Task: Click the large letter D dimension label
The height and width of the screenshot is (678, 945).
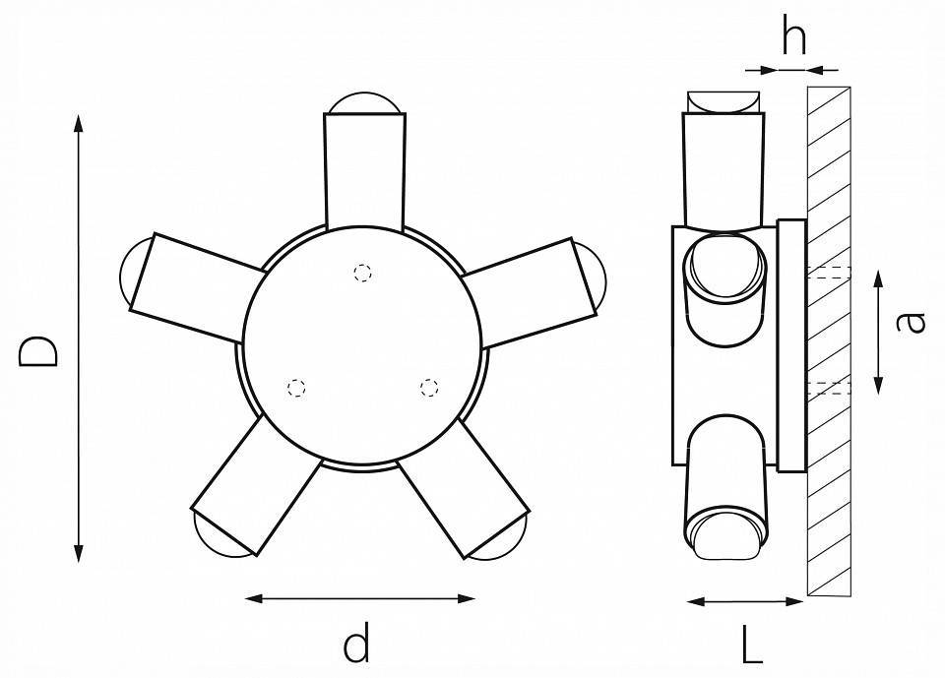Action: pyautogui.click(x=39, y=350)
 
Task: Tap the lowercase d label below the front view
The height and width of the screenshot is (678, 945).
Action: pyautogui.click(x=356, y=645)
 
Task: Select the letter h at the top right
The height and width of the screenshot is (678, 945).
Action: pyautogui.click(x=792, y=37)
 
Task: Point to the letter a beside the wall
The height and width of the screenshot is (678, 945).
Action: pyautogui.click(x=913, y=322)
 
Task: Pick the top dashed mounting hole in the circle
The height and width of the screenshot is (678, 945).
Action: pyautogui.click(x=363, y=274)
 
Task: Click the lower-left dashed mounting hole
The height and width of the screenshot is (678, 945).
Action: pyautogui.click(x=295, y=388)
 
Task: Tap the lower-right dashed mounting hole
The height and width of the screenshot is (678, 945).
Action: pyautogui.click(x=428, y=387)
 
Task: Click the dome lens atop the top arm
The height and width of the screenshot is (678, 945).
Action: pyautogui.click(x=364, y=101)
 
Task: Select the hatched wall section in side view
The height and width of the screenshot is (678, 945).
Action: pyautogui.click(x=830, y=339)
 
